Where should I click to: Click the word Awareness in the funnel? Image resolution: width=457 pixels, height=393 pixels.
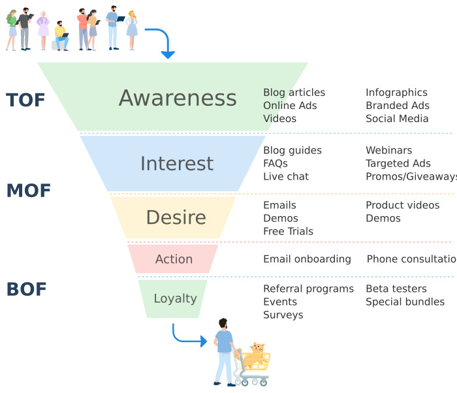178,98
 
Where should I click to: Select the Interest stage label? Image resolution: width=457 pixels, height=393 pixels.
177,163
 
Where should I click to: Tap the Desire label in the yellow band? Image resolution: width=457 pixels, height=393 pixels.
176,217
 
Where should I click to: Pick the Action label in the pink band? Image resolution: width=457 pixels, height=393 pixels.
174,259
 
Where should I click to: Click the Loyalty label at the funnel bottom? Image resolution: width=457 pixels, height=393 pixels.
175,298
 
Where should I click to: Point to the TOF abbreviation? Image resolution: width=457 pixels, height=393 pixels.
25,100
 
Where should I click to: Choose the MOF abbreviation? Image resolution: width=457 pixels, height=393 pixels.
28,191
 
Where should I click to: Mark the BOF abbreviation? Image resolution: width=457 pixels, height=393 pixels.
26,289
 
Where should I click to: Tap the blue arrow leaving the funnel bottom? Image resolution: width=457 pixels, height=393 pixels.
189,336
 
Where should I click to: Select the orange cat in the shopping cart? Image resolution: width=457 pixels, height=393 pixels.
255,353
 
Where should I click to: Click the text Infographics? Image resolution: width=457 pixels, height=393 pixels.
396,93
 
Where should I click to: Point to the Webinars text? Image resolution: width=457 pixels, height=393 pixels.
388,150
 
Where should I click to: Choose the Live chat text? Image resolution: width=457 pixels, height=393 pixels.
286,176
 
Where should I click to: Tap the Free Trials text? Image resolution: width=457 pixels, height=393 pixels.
288,231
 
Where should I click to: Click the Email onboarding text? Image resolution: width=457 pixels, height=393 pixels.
307,259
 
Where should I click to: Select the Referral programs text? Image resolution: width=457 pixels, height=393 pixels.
308,289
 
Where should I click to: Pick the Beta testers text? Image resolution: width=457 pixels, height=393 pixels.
396,289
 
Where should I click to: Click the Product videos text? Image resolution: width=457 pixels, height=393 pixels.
402,205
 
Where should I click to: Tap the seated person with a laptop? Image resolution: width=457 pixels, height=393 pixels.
61,38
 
